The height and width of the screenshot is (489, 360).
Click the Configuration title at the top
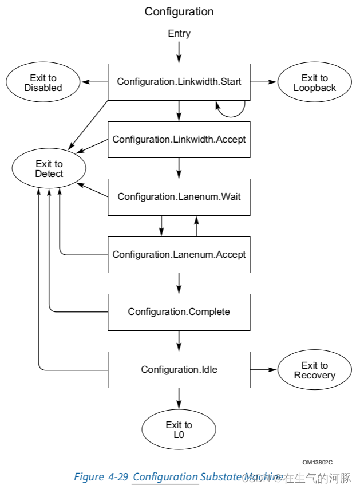[179, 11]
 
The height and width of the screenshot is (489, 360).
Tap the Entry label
[179, 34]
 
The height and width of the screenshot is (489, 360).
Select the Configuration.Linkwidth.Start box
[179, 82]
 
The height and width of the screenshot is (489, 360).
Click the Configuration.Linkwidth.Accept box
[179, 139]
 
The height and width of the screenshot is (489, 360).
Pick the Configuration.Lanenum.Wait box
[179, 197]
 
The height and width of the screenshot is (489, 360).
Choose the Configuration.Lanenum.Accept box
[179, 254]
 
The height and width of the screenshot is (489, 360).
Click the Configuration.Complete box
[179, 312]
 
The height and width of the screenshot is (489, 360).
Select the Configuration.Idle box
[179, 370]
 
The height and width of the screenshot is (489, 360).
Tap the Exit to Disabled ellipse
[43, 83]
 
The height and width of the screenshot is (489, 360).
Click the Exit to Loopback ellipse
[315, 83]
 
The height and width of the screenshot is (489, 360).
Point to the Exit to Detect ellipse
[49, 169]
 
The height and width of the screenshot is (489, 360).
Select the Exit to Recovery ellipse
[315, 370]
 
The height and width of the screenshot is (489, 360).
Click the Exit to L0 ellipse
[179, 430]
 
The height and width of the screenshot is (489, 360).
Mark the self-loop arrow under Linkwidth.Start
[232, 110]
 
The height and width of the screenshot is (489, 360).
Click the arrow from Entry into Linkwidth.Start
[179, 52]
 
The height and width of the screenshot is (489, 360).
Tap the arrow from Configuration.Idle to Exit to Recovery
[263, 370]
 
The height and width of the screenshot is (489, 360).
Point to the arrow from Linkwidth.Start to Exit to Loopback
[263, 82]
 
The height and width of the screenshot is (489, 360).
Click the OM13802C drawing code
[318, 462]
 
